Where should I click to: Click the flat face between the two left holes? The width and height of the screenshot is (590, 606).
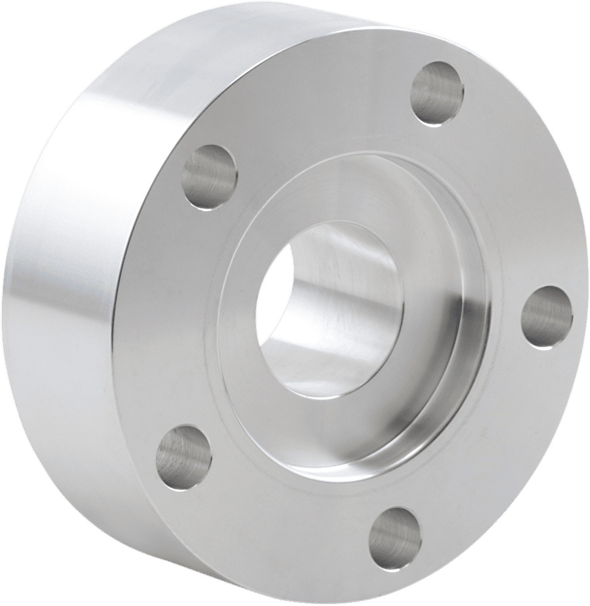pyautogui.click(x=170, y=315)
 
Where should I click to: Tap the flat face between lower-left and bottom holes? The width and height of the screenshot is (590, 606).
pyautogui.click(x=277, y=504)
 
